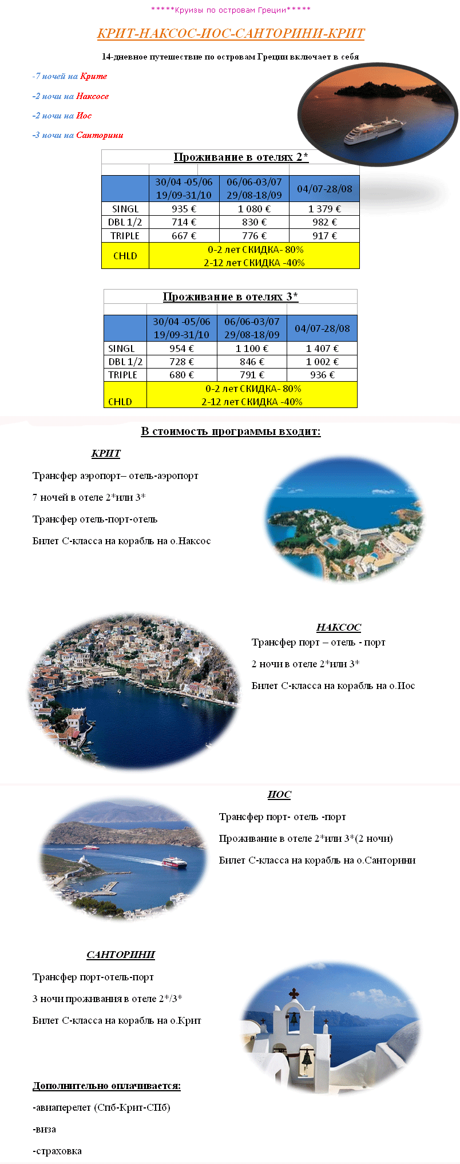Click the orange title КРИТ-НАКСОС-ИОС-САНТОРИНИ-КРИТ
(231, 33)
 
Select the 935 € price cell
(184, 209)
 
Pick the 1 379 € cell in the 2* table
(324, 209)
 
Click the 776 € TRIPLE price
(254, 236)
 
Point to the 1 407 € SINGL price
(322, 349)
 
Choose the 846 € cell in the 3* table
(252, 362)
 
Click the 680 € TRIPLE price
(182, 375)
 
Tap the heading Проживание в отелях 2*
(241, 157)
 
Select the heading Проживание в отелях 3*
(230, 296)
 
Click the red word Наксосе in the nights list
(92, 96)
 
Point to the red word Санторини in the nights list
(100, 135)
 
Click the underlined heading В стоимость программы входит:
(231, 431)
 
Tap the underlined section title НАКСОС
(338, 627)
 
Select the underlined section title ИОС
(279, 794)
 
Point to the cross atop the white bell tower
(294, 993)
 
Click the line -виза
(45, 1129)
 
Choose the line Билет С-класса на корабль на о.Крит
(117, 1020)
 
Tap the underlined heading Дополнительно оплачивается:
(106, 1086)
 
